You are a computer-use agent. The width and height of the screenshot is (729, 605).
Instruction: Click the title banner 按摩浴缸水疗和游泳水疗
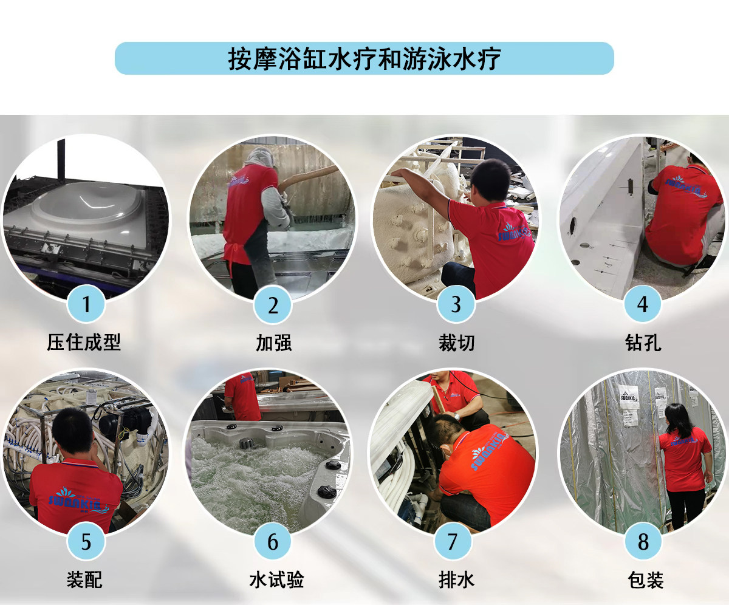coord(364,58)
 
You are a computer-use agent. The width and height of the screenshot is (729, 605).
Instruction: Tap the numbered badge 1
coord(86,304)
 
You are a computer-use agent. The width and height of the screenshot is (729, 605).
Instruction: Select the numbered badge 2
coord(273,304)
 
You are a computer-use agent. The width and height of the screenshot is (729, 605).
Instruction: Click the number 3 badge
coord(456,304)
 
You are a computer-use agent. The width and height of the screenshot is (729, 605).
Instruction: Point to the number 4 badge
coord(642,304)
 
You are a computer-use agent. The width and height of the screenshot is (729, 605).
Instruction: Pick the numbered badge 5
coord(86,541)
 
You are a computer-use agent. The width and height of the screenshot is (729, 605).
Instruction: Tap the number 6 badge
coord(273,541)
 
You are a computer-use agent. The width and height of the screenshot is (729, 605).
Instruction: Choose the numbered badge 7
coord(453,541)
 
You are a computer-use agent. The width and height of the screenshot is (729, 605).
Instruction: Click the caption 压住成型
coord(84,342)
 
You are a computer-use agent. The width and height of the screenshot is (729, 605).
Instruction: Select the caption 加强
coord(274,343)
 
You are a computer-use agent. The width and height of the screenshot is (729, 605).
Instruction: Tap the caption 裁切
coord(457,343)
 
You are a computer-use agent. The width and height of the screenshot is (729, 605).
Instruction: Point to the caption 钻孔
coord(643,343)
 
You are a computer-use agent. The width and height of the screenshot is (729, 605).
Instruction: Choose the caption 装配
coord(84,580)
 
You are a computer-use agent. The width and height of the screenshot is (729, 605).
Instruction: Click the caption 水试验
coord(276,580)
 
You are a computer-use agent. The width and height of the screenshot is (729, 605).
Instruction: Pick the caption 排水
coord(457,580)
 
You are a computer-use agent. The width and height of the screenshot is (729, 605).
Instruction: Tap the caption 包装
coord(646,580)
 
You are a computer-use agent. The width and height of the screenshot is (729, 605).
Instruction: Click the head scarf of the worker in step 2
coord(260,156)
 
